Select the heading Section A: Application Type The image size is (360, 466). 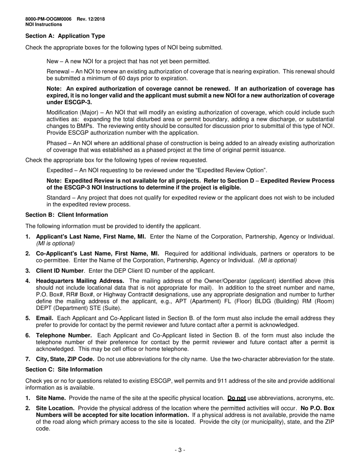[x=65, y=36]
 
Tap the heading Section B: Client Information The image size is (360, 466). [x=67, y=215]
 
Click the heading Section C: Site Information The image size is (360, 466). [x=64, y=369]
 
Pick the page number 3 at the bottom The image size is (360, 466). [x=180, y=450]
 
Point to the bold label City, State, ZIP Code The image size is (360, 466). [x=65, y=359]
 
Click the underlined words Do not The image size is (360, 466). [x=236, y=398]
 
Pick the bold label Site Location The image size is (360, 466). [x=55, y=408]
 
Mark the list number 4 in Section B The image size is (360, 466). [x=28, y=281]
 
